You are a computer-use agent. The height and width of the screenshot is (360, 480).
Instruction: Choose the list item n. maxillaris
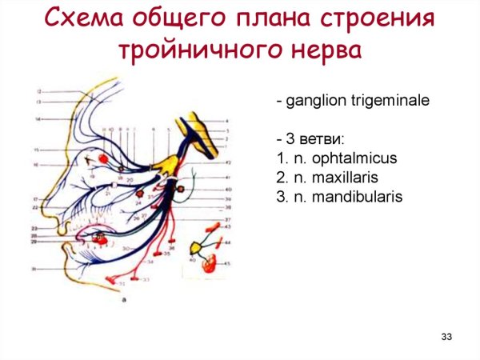pyautogui.click(x=330, y=177)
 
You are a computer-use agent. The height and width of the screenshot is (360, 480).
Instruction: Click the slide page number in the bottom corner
pyautogui.click(x=446, y=337)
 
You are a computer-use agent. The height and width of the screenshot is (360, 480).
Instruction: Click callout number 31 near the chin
pyautogui.click(x=33, y=270)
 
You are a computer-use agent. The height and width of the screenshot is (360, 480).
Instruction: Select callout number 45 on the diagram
pyautogui.click(x=227, y=264)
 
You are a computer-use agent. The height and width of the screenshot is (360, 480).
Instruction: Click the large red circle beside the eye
pyautogui.click(x=103, y=159)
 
